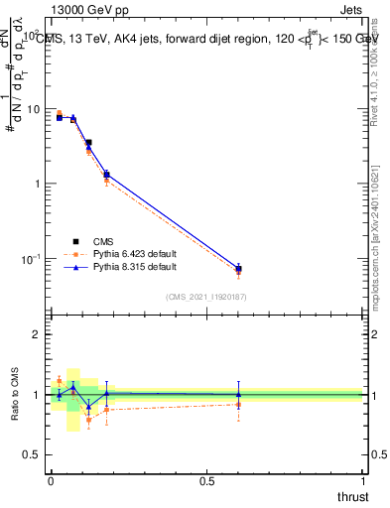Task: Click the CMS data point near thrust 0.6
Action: click(238, 269)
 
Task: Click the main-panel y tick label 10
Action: click(33, 109)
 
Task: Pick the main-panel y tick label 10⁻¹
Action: click(30, 259)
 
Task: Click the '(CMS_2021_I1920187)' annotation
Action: click(206, 296)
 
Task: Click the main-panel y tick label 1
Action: click(36, 185)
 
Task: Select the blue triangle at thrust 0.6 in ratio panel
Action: click(238, 394)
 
